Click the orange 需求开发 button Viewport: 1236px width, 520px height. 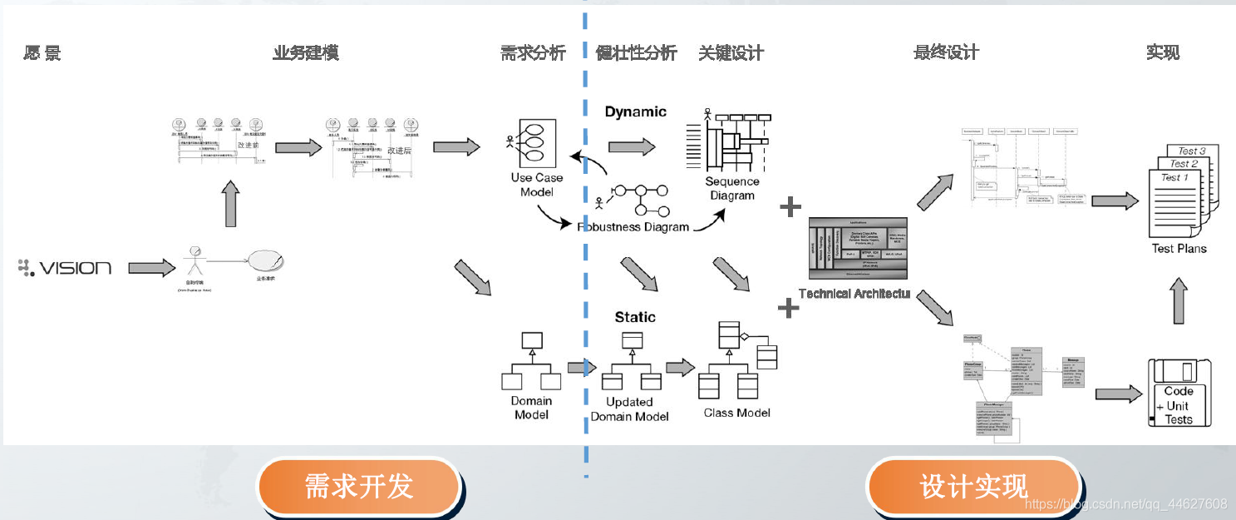point(359,486)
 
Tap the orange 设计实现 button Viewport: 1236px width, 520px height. point(973,486)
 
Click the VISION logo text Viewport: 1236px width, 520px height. point(66,268)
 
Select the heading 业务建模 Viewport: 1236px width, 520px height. point(305,53)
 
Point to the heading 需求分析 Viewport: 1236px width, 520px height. point(533,53)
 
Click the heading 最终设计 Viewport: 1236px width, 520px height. point(946,53)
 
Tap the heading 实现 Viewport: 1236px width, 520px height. point(1162,53)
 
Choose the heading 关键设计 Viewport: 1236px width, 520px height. point(731,53)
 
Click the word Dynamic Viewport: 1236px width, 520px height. point(635,112)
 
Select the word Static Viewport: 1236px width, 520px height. point(635,317)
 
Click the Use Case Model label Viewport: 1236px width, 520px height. point(536,185)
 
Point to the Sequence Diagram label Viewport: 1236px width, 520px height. point(731,188)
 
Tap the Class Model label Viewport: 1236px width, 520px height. point(736,412)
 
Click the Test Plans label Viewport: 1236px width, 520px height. point(1179,248)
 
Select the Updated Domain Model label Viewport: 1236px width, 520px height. point(629,409)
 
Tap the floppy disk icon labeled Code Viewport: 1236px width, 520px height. point(1179,394)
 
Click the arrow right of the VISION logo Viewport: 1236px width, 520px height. point(151,268)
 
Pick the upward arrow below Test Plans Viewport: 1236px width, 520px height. point(1178,300)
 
